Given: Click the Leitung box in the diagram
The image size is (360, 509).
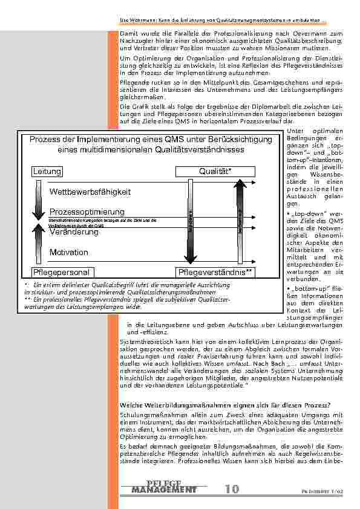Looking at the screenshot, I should [x=48, y=172].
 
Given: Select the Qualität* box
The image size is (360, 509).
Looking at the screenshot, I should [x=215, y=172].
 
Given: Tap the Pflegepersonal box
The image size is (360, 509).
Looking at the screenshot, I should [x=61, y=273].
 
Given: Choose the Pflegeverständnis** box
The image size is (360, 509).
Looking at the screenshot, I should [x=215, y=273].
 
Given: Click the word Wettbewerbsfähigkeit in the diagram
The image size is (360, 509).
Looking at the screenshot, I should [x=90, y=192].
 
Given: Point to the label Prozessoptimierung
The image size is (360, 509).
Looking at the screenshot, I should [x=87, y=212].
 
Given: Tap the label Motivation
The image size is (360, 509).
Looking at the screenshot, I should [x=68, y=252].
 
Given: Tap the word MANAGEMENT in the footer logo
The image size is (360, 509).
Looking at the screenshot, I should [x=164, y=490].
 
